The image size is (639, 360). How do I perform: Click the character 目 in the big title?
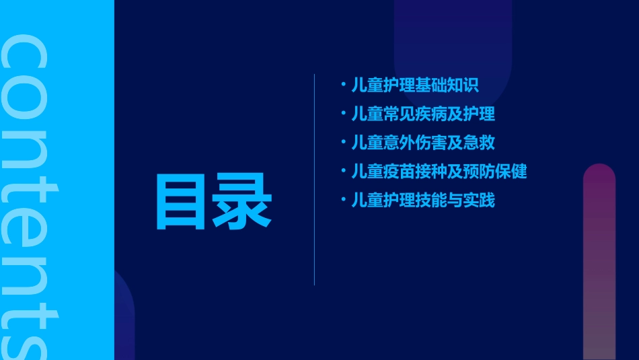pyautogui.click(x=180, y=203)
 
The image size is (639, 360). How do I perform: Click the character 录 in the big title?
pyautogui.click(x=243, y=203)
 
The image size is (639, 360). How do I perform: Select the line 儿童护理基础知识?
pyautogui.click(x=414, y=85)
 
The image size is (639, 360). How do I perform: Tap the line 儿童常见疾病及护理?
pyautogui.click(x=423, y=114)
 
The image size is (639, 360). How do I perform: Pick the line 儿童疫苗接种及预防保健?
pyautogui.click(x=439, y=172)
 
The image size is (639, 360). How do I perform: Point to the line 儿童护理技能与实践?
pyautogui.click(x=423, y=200)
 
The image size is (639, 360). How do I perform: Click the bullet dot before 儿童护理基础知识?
pyautogui.click(x=343, y=85)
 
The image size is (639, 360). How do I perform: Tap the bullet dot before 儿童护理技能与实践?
pyautogui.click(x=343, y=199)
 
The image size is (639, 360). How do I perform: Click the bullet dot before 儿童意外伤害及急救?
pyautogui.click(x=343, y=142)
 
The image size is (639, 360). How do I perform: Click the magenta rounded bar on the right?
pyautogui.click(x=599, y=262)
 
